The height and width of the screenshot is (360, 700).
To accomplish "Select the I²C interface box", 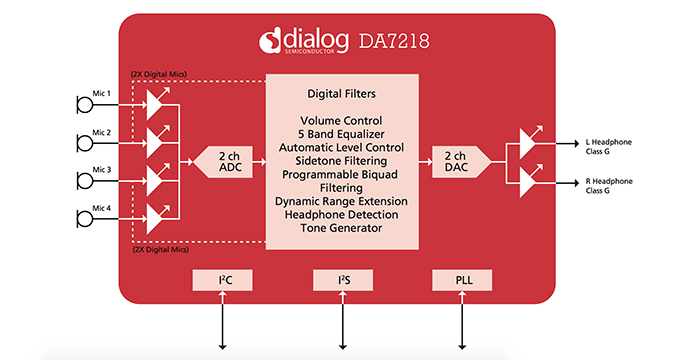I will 223,280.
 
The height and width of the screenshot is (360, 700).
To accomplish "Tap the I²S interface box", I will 343,280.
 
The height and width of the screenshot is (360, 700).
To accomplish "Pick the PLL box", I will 463,280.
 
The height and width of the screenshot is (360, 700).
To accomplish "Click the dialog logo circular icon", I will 270,40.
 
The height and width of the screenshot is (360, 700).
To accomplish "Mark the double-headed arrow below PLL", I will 463,320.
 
